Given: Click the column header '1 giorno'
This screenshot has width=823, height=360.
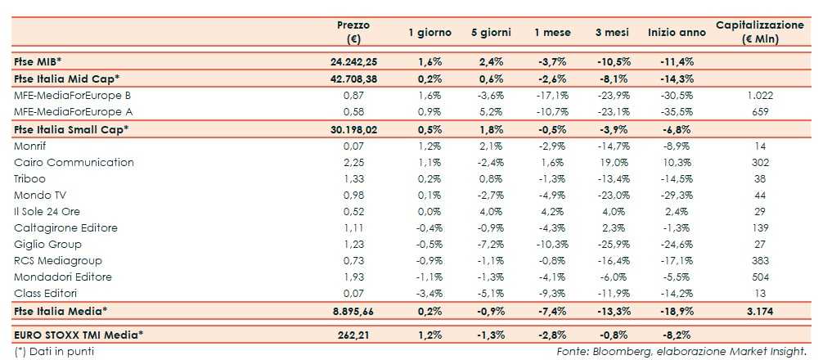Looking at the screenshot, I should [429, 33].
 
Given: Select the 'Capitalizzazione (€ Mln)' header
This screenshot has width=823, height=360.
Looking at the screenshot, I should [759, 33].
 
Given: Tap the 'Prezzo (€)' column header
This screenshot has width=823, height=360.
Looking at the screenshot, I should [354, 33].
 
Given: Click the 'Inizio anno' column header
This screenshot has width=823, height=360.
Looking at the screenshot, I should [677, 33].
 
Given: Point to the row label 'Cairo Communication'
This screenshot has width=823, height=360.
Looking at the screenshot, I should [74, 162].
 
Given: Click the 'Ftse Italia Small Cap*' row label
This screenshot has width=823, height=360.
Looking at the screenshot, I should [71, 128].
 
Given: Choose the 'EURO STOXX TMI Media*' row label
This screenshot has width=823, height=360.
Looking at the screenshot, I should [79, 334].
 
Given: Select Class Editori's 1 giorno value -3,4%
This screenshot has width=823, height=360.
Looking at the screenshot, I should [429, 293].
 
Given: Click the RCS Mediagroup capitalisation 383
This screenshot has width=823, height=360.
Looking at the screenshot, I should [759, 260].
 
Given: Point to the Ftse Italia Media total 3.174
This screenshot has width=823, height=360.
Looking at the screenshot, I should [759, 311].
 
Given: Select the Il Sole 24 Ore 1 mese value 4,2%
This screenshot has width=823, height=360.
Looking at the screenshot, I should [551, 211].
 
